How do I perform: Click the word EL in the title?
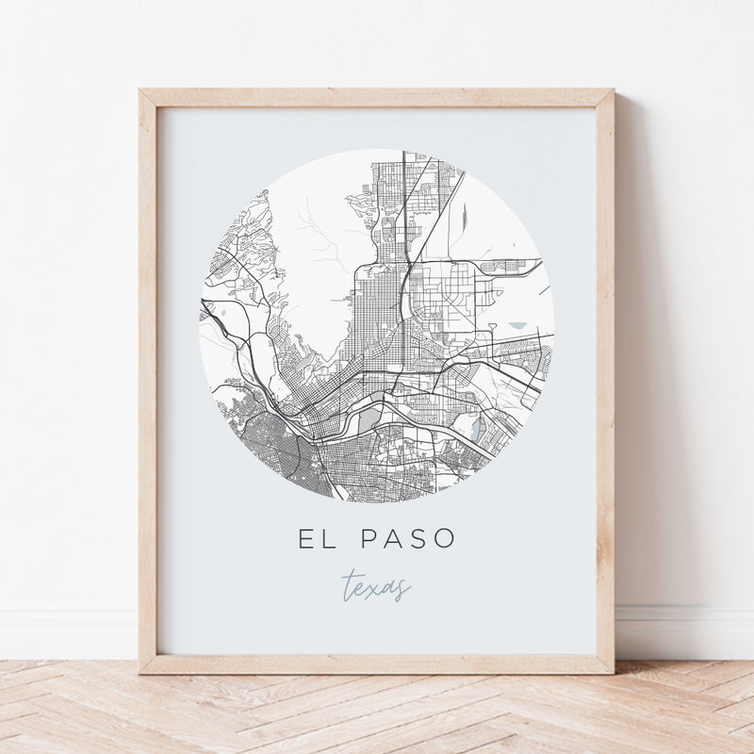click(316, 540)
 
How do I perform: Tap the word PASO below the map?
click(408, 540)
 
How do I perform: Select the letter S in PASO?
click(419, 540)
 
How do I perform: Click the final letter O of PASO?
click(445, 540)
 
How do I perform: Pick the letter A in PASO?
click(394, 540)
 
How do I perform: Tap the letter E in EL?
click(306, 540)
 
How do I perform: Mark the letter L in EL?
click(327, 540)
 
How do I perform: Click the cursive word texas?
click(376, 587)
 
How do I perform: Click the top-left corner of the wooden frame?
click(141, 91)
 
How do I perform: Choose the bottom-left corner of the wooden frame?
click(141, 671)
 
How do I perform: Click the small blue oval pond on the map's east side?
click(519, 326)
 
